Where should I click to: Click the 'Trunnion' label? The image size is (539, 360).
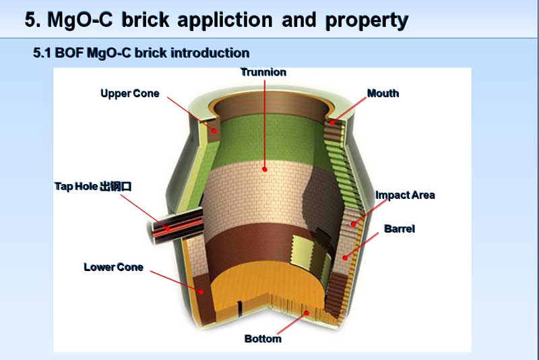[x=263, y=72]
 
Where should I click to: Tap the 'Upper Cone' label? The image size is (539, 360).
[x=130, y=93]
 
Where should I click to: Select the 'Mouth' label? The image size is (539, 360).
[x=383, y=93]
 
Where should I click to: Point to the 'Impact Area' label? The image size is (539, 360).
[x=405, y=195]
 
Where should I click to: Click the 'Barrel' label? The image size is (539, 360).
[x=400, y=229]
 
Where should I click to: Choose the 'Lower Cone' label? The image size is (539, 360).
[x=113, y=267]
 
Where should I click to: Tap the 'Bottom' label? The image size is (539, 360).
[x=263, y=338]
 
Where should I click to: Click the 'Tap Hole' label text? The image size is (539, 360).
[x=76, y=185]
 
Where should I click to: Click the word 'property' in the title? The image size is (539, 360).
[x=367, y=20]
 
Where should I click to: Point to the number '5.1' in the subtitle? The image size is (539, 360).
[x=44, y=53]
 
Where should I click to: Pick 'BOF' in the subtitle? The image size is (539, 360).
[x=71, y=53]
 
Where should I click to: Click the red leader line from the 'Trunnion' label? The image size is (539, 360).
[x=264, y=121]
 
